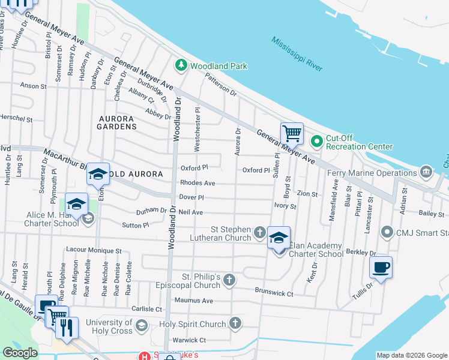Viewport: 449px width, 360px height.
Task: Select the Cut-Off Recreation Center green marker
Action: point(317,142)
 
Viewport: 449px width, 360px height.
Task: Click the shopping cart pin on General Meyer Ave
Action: point(292,133)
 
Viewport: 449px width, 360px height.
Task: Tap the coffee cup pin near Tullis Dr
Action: point(381,268)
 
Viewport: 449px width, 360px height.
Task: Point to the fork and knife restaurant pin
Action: point(67,327)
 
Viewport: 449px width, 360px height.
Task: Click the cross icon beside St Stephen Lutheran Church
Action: point(259,232)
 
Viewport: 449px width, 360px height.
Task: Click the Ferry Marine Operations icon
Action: point(426,173)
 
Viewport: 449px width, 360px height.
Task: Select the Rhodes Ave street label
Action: point(197,183)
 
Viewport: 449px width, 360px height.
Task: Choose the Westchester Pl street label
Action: point(197,123)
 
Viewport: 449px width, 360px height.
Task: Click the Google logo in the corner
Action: point(20,353)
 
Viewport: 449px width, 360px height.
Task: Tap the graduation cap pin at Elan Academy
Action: point(279,238)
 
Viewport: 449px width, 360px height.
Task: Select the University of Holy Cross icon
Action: point(142,326)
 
